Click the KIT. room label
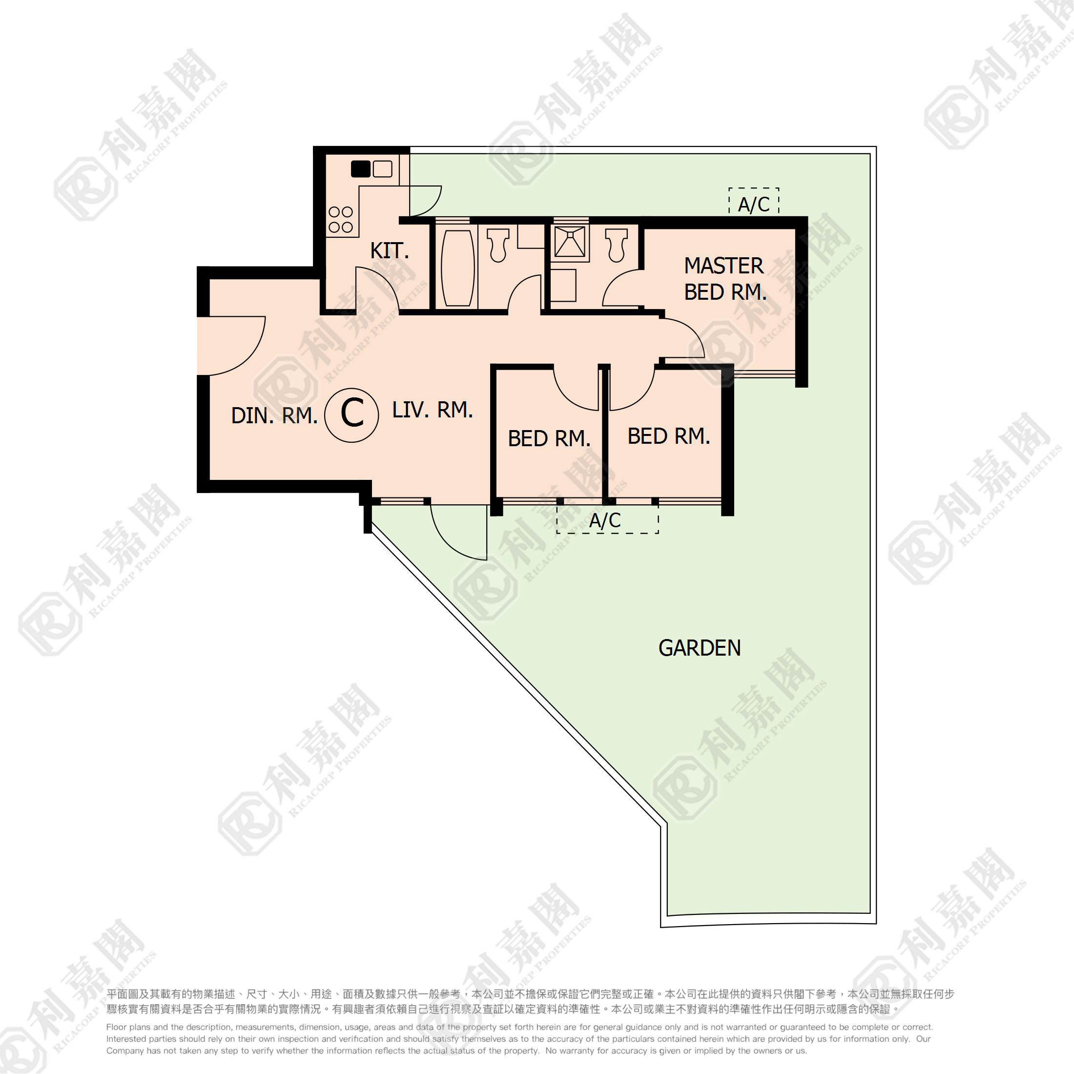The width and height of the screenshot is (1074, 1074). [390, 251]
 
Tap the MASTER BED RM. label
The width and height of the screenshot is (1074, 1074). [725, 278]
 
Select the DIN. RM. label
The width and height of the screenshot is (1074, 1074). [274, 415]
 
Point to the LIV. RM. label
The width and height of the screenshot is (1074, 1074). [433, 410]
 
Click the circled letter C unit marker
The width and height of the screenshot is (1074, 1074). [351, 414]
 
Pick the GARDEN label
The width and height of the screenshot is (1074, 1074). [700, 648]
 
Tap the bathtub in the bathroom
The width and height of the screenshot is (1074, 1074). [457, 268]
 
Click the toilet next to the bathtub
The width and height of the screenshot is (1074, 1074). [498, 245]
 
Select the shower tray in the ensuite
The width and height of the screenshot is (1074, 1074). [570, 242]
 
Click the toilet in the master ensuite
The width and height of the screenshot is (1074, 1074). [617, 245]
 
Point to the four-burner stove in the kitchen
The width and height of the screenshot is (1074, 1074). [341, 220]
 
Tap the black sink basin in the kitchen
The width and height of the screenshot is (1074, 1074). [361, 168]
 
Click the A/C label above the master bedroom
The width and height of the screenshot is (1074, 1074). [754, 205]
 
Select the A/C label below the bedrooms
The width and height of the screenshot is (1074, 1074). [605, 520]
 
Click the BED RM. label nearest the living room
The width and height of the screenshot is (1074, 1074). [549, 438]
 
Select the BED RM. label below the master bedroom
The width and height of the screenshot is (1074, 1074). [669, 436]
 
